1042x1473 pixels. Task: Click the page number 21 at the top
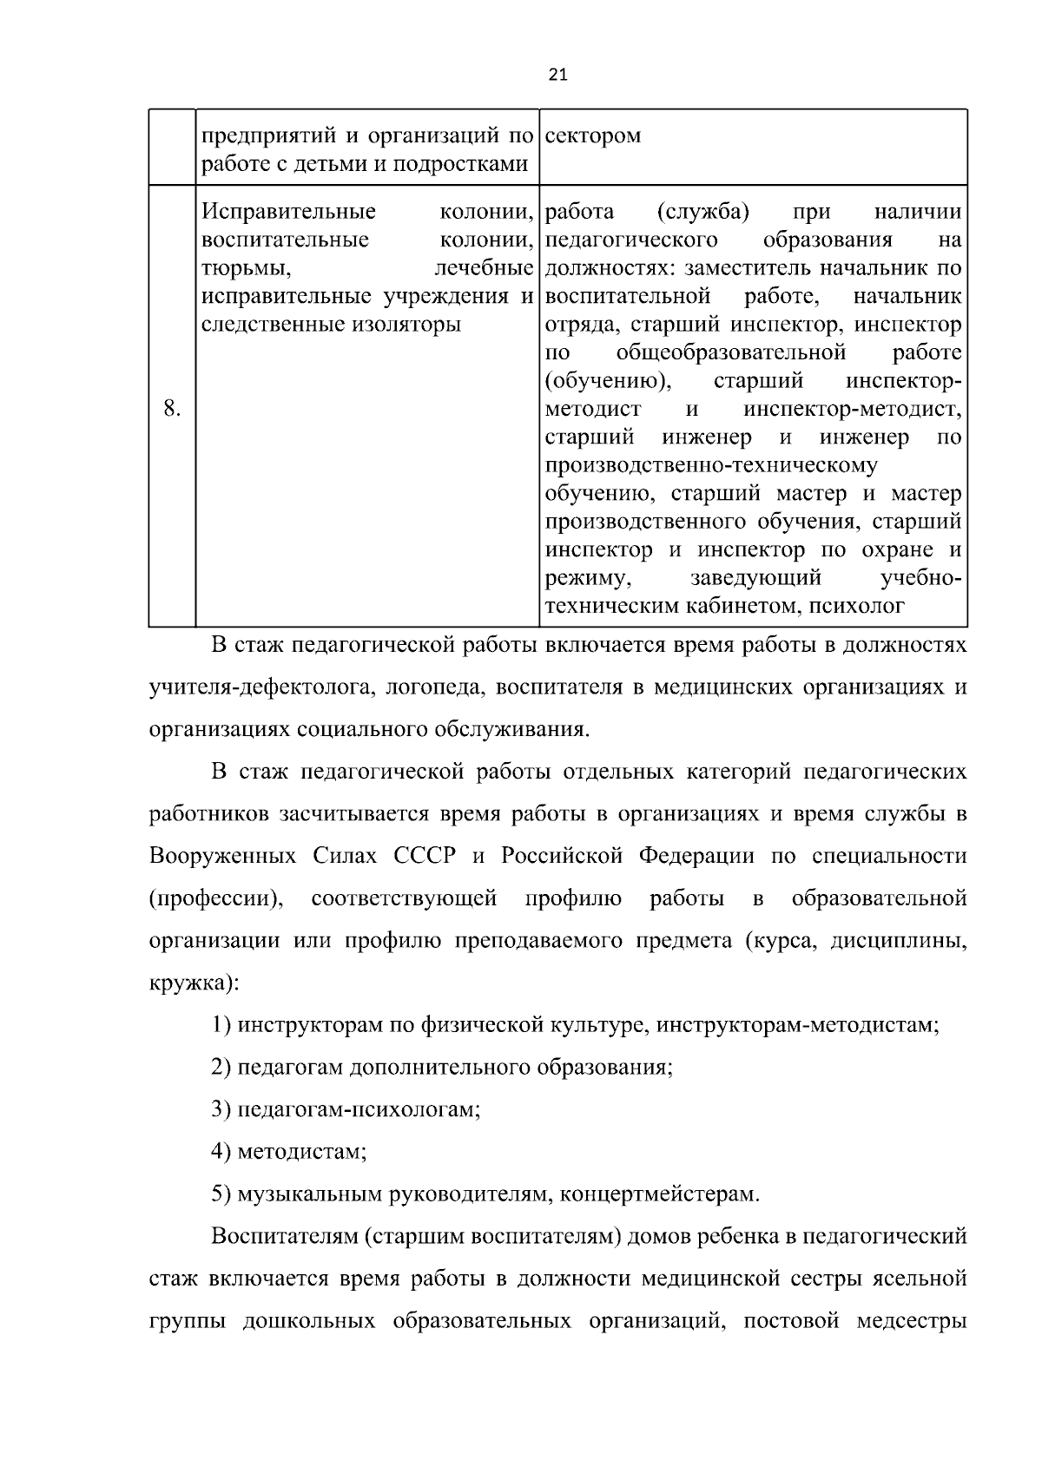pos(557,75)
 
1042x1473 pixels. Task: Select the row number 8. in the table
pos(172,409)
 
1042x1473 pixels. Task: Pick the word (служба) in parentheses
pos(704,212)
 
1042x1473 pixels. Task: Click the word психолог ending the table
pos(857,606)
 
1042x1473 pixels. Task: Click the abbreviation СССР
pos(425,856)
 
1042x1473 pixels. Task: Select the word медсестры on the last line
pos(912,1321)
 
